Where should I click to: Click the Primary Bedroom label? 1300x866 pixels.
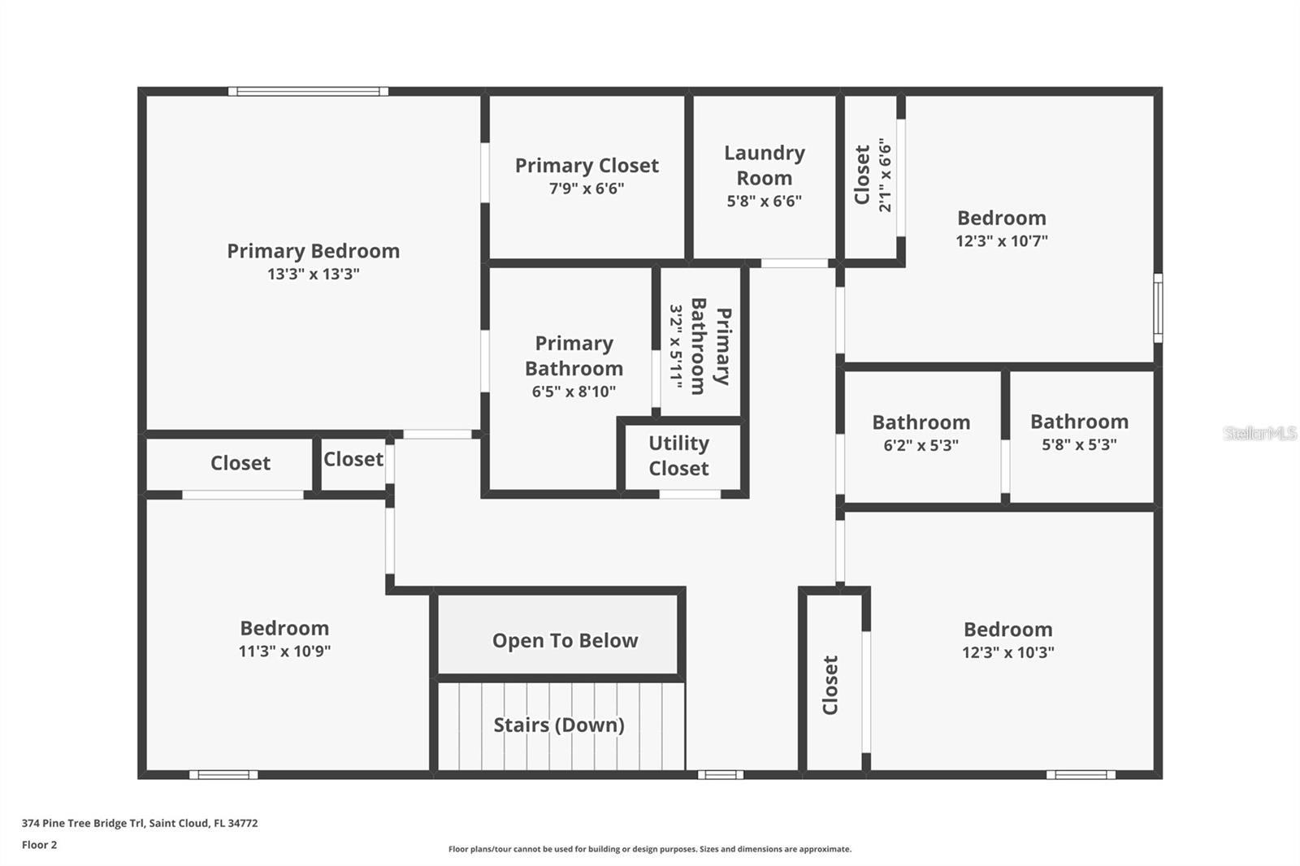tap(313, 251)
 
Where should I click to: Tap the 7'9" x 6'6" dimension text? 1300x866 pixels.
tap(587, 188)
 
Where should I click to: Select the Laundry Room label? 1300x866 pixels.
tap(764, 165)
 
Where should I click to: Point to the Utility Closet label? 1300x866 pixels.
tap(678, 456)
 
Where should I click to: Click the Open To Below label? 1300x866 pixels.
tap(565, 641)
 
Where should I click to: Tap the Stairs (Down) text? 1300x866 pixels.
tap(559, 725)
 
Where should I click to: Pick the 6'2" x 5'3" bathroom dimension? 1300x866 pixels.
tap(921, 445)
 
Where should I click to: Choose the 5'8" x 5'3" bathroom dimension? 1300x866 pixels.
tap(1079, 444)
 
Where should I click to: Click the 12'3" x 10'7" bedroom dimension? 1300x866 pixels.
tap(1001, 240)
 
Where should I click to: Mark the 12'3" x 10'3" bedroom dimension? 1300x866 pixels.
tap(1007, 652)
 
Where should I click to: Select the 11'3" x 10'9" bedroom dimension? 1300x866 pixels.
tap(284, 651)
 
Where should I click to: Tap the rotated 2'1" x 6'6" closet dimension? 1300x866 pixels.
tap(885, 175)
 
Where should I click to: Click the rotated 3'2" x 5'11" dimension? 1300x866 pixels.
tap(676, 345)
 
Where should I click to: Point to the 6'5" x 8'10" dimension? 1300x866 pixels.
tap(574, 392)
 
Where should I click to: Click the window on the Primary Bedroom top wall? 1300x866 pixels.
tap(308, 92)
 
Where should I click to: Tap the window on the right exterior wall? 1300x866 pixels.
tap(1158, 308)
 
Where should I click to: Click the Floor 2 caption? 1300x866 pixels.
tap(39, 845)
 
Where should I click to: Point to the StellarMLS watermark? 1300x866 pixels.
tap(1259, 433)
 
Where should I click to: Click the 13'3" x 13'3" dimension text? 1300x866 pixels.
tap(313, 274)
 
